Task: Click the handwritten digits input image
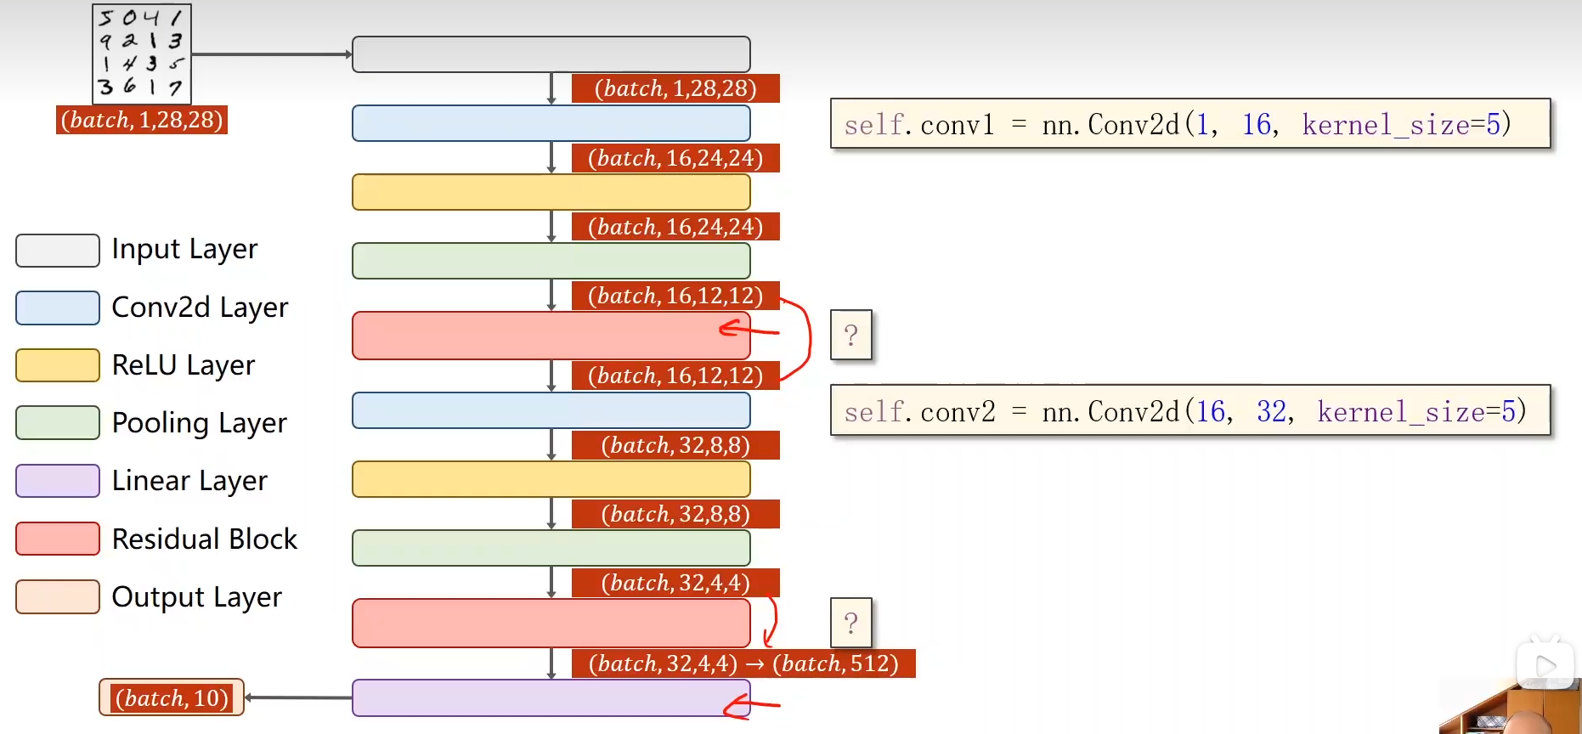click(142, 54)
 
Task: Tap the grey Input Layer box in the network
click(551, 54)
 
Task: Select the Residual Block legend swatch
click(58, 539)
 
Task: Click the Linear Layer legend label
click(189, 481)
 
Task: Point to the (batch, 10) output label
click(172, 697)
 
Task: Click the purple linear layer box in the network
click(551, 697)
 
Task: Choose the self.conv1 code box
click(1189, 124)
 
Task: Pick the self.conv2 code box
click(1189, 411)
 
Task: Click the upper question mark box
click(850, 335)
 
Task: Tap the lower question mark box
click(850, 623)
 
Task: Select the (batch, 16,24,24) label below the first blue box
click(675, 158)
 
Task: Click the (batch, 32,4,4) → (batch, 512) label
click(743, 663)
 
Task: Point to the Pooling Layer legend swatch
click(58, 423)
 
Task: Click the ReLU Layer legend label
click(184, 365)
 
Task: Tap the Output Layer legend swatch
click(58, 596)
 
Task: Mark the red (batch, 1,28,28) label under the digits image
click(142, 120)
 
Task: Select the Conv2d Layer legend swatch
click(58, 308)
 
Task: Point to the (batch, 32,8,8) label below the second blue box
click(675, 445)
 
